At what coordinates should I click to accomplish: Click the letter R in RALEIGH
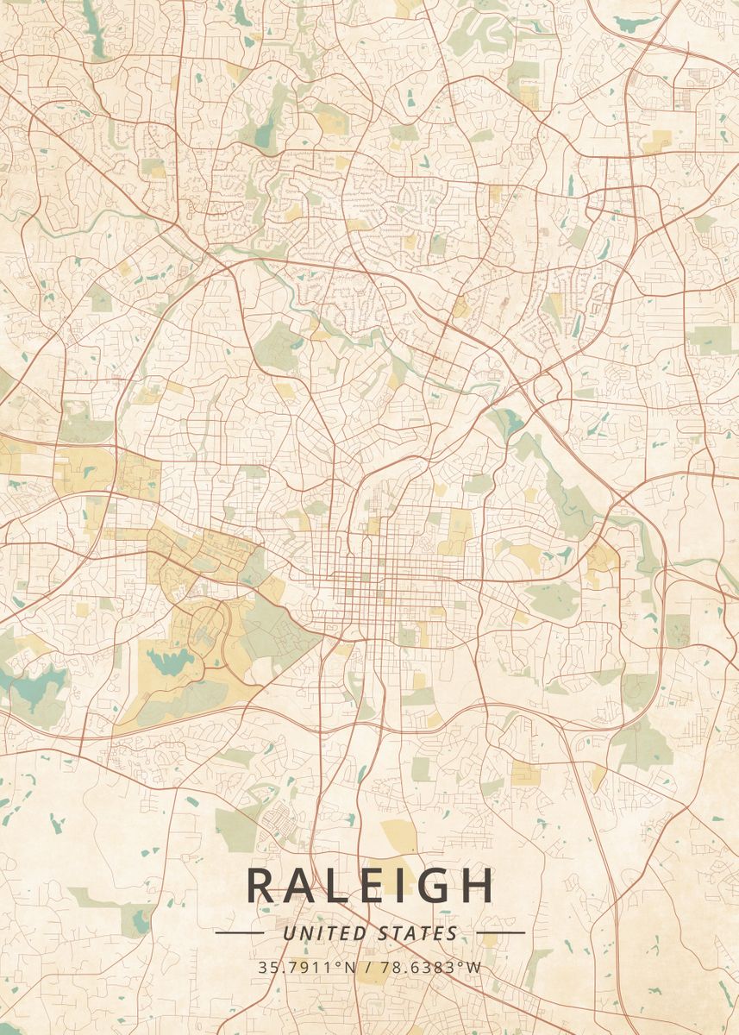(262, 885)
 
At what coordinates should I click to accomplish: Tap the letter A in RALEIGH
(303, 885)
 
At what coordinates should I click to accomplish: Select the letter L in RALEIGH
(341, 885)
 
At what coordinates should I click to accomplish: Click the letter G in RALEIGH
(435, 885)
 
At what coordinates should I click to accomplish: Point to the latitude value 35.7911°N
(306, 968)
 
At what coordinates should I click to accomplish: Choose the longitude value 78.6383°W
(431, 968)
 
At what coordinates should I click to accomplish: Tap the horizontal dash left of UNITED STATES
(239, 932)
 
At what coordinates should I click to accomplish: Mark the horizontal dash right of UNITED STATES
(500, 932)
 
